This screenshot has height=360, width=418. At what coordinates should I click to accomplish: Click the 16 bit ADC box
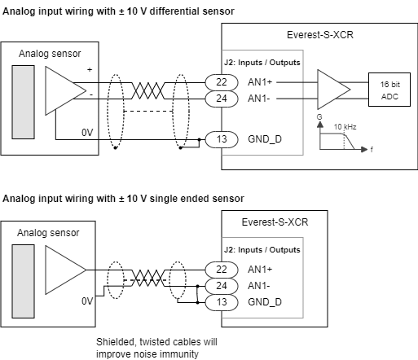pos(384,90)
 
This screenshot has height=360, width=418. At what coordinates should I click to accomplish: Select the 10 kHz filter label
pos(345,128)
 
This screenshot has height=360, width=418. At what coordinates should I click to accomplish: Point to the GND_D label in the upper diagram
pos(264,138)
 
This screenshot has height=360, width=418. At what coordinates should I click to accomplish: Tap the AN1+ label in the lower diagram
pos(260,270)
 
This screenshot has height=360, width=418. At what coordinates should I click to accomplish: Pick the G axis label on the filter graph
pos(308,120)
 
